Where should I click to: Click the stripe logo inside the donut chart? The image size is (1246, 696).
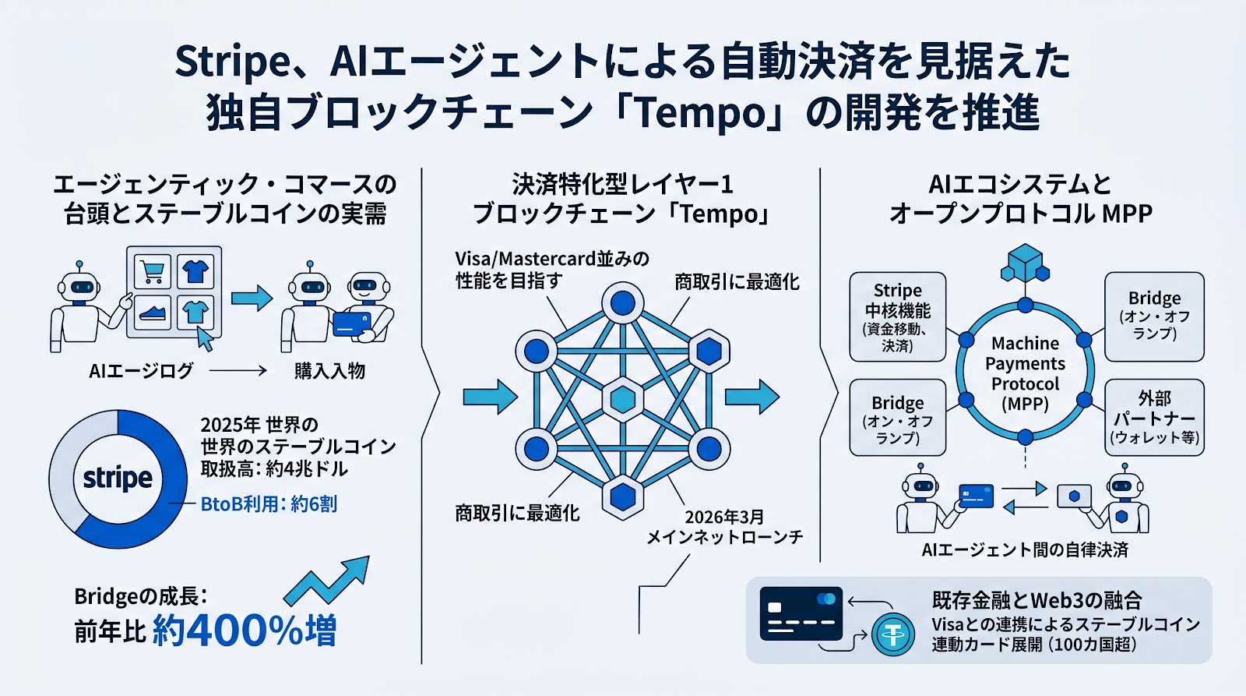coord(118,478)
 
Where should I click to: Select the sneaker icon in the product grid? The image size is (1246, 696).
coord(153,313)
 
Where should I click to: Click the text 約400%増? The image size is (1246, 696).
coord(245,630)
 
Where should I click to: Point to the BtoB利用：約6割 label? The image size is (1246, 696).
coord(269,504)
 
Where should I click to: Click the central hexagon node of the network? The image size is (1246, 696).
coord(622,399)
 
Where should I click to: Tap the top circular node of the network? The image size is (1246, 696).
coord(622,302)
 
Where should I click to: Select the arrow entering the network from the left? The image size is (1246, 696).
coord(489,397)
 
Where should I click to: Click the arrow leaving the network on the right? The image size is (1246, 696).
coord(751,397)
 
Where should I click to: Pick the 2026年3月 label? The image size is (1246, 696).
coord(724,517)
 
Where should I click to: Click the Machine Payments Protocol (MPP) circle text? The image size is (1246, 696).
coord(1025,373)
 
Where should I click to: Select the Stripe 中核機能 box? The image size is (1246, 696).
coord(897,316)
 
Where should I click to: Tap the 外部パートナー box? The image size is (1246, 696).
coord(1154,417)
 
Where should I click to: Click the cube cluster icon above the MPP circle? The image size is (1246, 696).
coord(1025,263)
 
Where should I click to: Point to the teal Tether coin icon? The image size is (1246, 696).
coord(892,635)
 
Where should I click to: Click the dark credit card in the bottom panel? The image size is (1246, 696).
coord(801,613)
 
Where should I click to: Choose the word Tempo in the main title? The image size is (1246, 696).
coord(702,113)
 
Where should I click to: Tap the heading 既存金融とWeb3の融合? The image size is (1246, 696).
coord(1037,600)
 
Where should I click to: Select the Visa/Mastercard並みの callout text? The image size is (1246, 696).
coord(551,259)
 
